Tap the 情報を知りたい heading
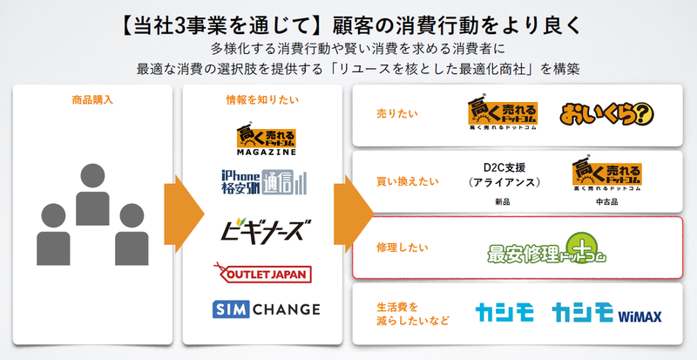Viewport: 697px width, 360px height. tap(261, 99)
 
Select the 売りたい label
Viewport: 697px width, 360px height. tap(391, 115)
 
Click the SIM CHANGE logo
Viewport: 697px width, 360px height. tap(266, 309)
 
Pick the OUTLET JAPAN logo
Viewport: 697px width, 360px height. tap(261, 273)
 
